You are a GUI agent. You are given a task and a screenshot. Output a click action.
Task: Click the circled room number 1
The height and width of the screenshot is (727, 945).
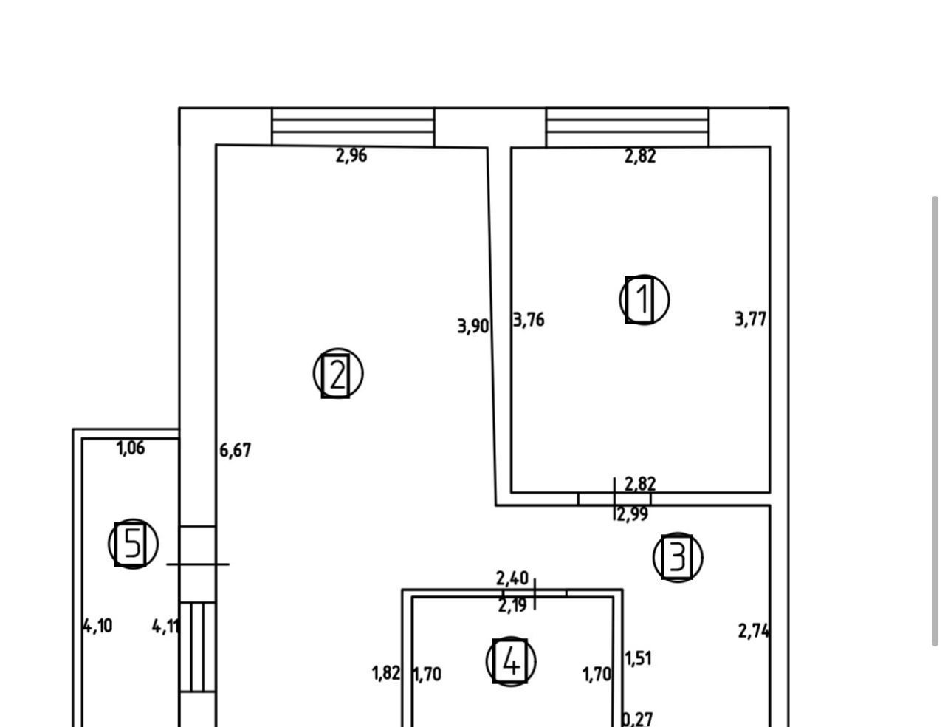point(644,299)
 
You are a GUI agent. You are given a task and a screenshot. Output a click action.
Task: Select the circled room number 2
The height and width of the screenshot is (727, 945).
point(337,374)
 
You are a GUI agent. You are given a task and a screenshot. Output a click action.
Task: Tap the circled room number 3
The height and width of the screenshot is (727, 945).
point(677,557)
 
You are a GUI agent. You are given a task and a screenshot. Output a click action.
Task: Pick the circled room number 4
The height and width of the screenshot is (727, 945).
point(510,661)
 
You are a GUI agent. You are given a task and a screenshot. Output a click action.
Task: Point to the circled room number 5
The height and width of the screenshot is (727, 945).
point(133,544)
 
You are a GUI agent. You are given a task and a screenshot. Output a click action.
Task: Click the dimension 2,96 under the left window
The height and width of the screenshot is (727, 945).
point(351,156)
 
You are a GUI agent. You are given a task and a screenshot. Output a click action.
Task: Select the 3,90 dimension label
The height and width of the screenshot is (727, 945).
point(473,326)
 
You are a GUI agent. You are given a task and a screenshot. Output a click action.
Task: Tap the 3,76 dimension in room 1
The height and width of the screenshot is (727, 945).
point(529,320)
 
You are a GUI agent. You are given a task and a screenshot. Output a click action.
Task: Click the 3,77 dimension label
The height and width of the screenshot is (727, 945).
point(751,319)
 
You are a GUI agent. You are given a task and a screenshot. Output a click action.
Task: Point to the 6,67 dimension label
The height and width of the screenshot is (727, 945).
point(236,450)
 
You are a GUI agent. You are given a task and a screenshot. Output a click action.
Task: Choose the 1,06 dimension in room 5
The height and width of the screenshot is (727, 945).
point(131,448)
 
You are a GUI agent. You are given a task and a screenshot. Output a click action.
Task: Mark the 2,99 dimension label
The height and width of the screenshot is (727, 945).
point(632,515)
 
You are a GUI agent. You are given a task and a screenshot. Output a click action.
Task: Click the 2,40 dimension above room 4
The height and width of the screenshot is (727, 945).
point(512,578)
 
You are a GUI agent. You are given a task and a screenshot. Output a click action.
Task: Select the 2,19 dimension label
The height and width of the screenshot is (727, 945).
point(512,606)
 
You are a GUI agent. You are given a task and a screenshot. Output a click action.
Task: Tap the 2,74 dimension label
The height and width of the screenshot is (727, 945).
point(754,631)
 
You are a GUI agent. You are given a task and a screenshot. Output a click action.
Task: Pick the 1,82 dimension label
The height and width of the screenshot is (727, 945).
point(385,673)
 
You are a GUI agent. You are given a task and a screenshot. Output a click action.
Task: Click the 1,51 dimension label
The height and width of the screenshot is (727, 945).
point(639,658)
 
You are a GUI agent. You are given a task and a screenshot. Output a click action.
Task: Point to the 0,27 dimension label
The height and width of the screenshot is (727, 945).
point(638,719)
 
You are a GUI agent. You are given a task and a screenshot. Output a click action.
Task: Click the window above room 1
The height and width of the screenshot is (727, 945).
point(627,127)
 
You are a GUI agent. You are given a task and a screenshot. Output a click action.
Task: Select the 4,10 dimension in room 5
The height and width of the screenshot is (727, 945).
point(97,626)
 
